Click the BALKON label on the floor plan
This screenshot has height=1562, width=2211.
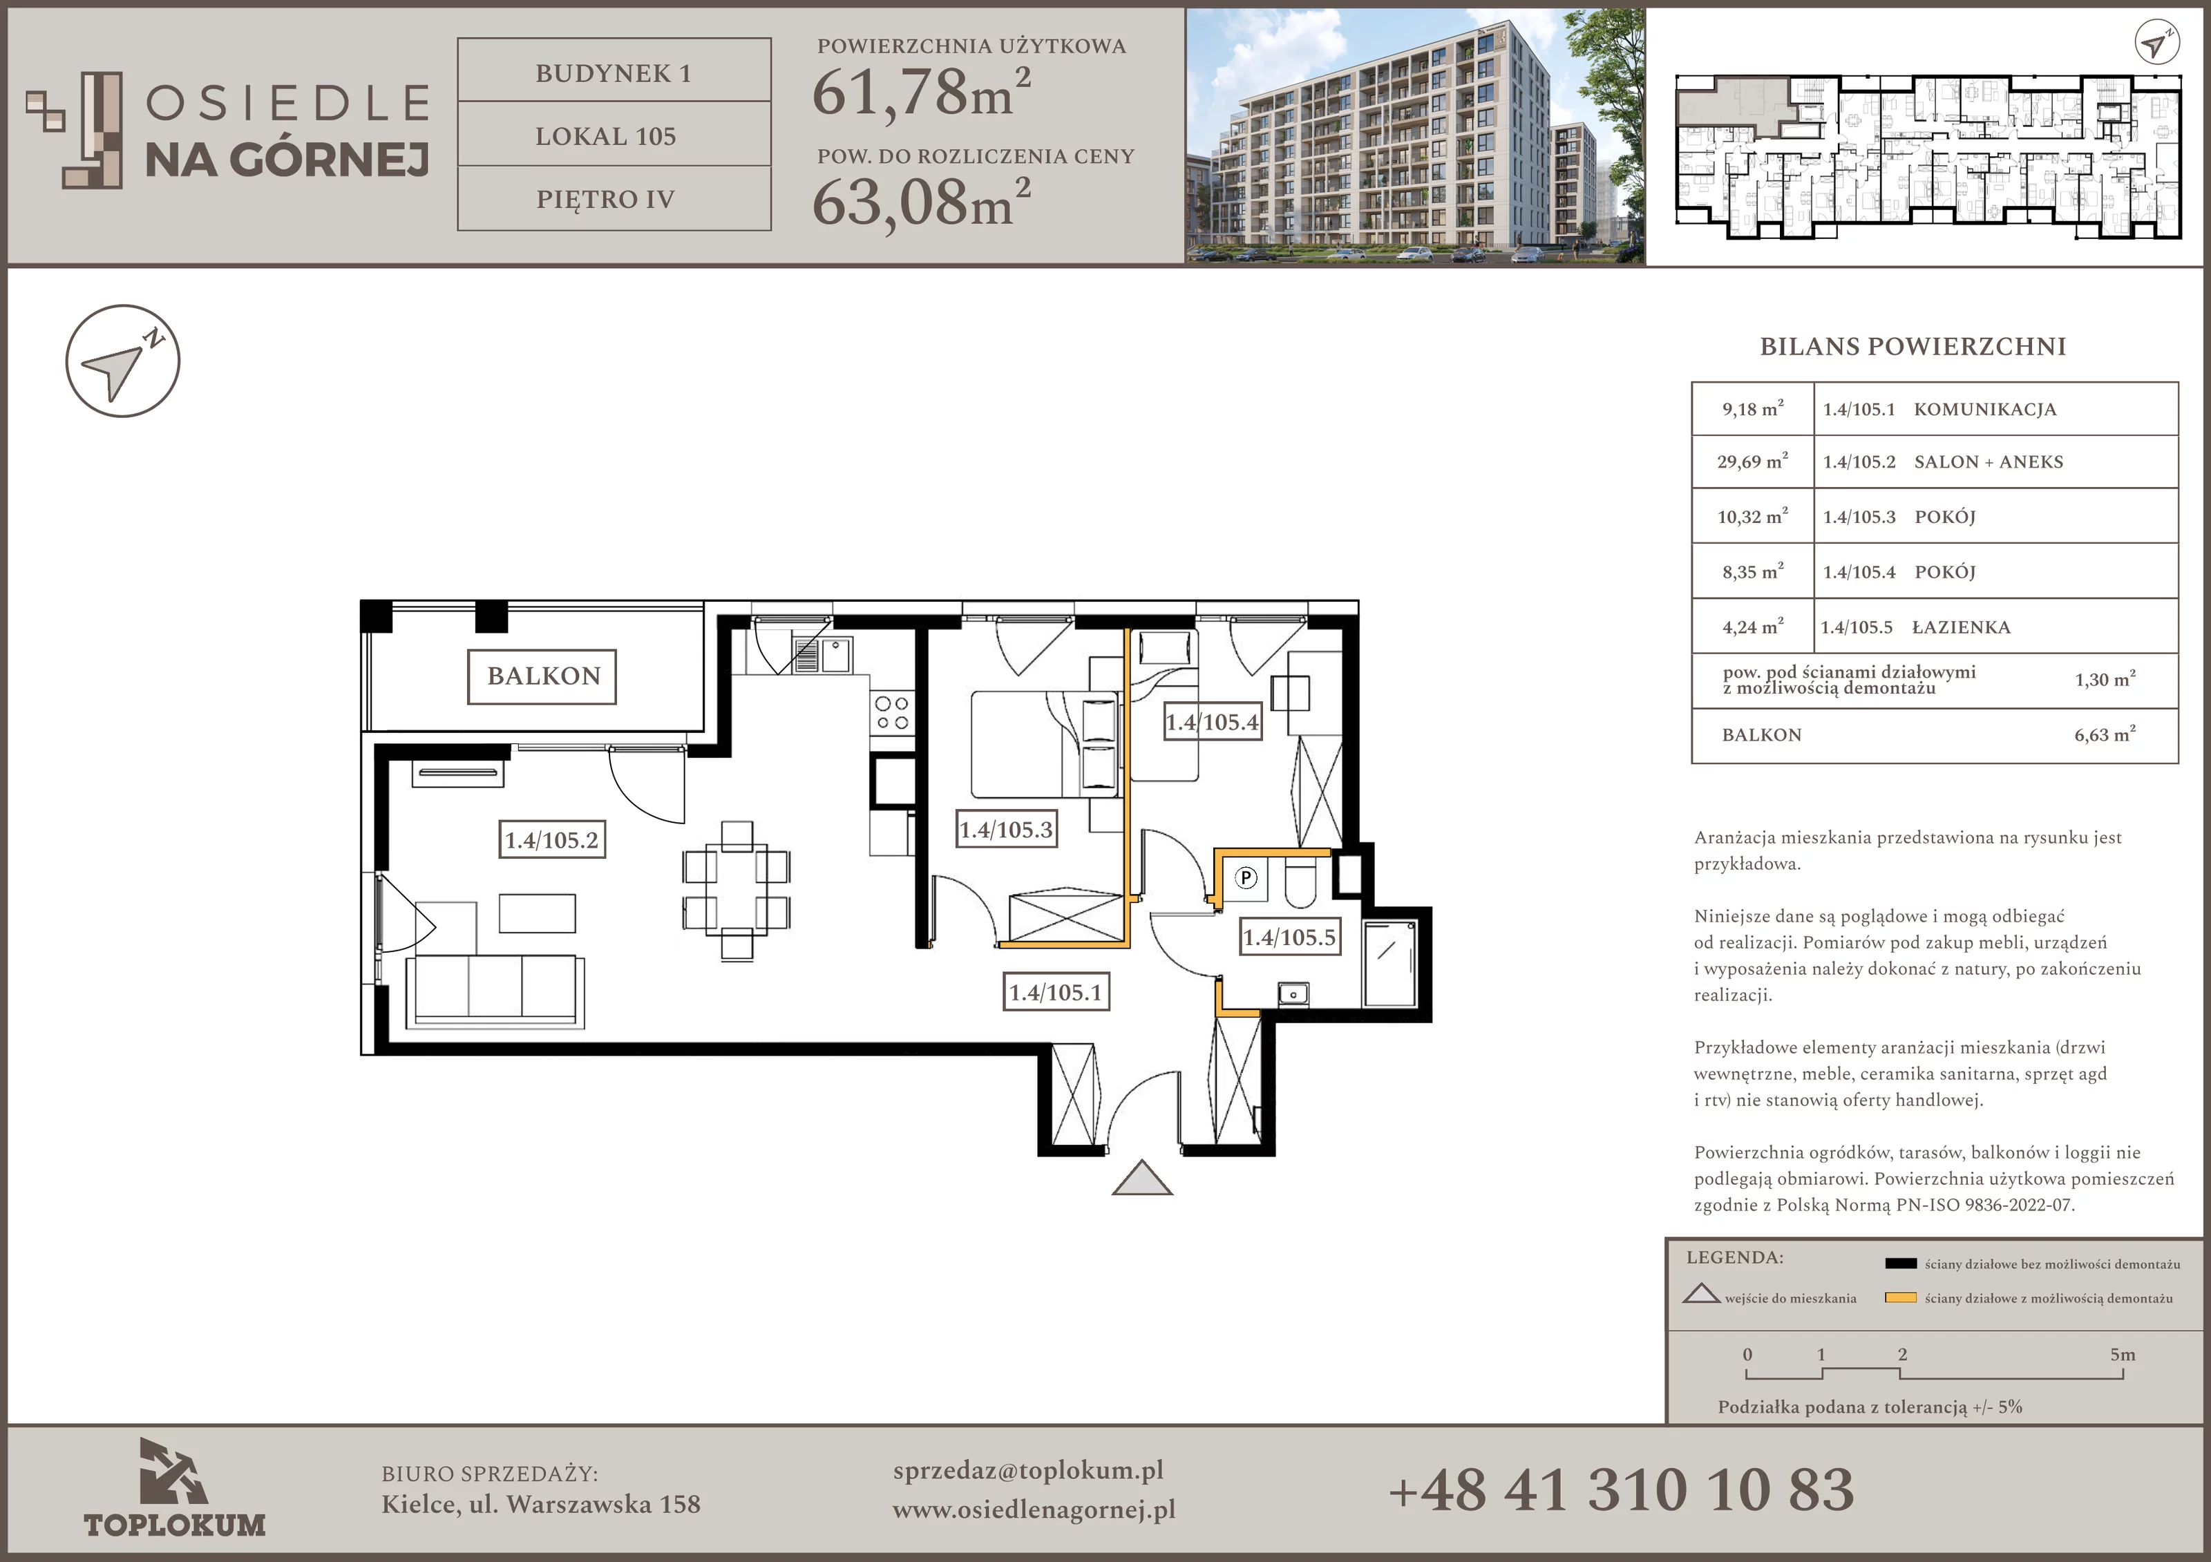542,676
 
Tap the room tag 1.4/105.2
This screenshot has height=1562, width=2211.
552,840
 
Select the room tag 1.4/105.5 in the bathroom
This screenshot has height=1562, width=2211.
1289,937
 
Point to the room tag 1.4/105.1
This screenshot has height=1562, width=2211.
1056,992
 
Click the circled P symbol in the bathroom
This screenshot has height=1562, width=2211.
1246,877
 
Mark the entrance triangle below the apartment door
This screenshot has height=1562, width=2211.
1142,1178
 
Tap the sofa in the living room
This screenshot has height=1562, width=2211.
495,991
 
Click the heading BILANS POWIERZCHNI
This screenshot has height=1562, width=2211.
1913,347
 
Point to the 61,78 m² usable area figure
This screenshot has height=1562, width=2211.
922,93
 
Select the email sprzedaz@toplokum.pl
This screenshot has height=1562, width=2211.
1027,1471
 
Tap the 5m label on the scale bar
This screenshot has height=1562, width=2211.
2123,1354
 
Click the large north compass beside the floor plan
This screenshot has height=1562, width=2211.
122,361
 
